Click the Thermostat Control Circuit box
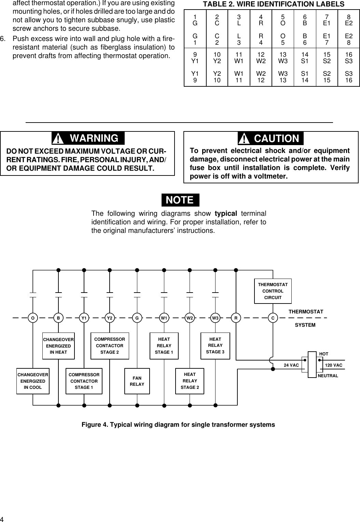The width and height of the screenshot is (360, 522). (273, 291)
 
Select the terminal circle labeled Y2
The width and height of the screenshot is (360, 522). (110, 318)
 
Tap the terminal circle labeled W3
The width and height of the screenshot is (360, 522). (215, 318)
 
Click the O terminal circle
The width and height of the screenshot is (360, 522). (33, 318)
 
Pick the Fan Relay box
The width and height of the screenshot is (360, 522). (137, 381)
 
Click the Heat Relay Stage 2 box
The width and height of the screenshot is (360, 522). (190, 381)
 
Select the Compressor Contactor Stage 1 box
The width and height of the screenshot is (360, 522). (84, 381)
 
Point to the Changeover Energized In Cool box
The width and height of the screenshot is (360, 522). (33, 381)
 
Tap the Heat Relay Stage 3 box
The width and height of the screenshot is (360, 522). (215, 345)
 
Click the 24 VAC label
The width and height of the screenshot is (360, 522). (291, 365)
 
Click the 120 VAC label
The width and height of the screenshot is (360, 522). (334, 365)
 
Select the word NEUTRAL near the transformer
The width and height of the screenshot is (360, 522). (328, 376)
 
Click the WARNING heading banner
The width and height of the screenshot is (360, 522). (88, 138)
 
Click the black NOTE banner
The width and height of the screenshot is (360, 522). (180, 200)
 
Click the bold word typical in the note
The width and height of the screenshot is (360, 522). (225, 214)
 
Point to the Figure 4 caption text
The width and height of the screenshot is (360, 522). (178, 425)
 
